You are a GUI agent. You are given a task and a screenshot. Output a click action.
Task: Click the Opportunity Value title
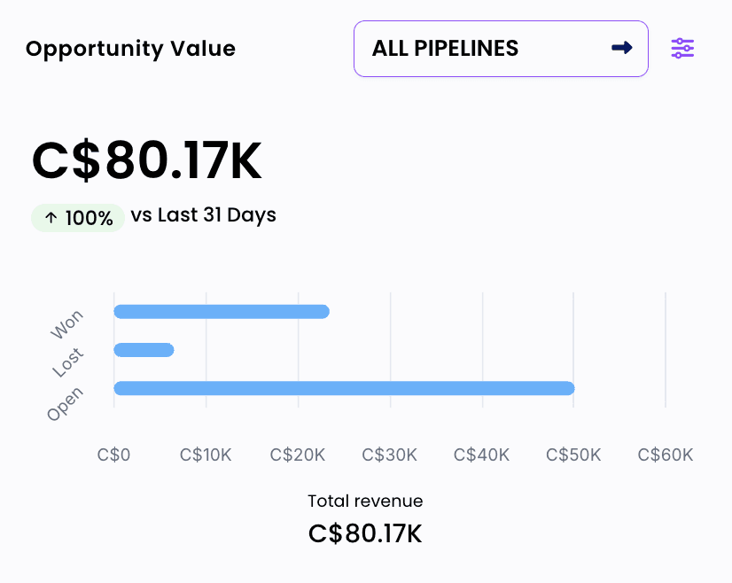(130, 49)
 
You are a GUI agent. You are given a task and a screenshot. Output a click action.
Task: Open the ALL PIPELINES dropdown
(500, 49)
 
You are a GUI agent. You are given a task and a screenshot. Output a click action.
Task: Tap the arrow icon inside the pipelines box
(622, 48)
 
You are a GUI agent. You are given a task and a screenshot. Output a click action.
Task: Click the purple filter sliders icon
(682, 49)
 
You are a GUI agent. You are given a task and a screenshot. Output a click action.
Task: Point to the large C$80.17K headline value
(147, 161)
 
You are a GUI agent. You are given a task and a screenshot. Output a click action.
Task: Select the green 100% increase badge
(78, 218)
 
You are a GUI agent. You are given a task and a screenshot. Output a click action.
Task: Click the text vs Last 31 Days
(203, 215)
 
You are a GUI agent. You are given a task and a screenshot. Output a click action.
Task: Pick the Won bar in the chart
(222, 312)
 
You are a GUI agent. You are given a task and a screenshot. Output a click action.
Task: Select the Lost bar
(144, 350)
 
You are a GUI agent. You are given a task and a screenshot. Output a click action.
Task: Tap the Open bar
(344, 388)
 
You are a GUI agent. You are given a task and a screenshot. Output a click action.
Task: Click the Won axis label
(67, 324)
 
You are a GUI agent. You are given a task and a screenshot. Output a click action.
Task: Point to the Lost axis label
(67, 362)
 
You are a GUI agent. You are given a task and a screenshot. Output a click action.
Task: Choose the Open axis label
(65, 404)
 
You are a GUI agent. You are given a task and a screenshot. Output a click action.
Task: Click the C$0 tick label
(113, 455)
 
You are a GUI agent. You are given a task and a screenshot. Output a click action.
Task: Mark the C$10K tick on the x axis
(206, 455)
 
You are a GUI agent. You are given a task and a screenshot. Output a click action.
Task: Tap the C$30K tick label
(390, 455)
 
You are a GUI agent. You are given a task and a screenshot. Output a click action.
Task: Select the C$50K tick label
(573, 455)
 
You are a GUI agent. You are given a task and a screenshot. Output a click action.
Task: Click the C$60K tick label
(666, 455)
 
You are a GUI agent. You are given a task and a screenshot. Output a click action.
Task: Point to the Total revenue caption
(365, 501)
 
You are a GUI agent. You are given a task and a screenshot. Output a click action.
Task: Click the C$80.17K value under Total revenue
(365, 534)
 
